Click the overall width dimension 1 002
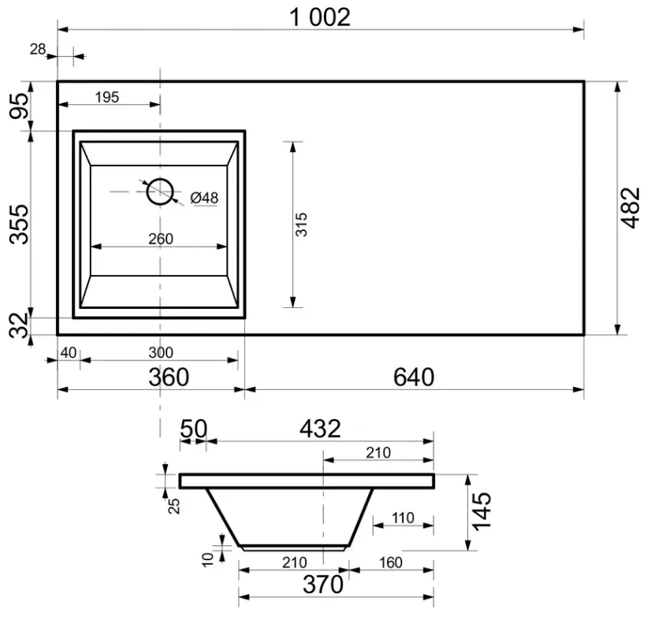point(320,17)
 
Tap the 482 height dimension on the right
point(630,208)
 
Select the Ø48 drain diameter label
point(204,198)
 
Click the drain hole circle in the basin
point(160,179)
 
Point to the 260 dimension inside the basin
point(161,239)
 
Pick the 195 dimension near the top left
point(107,97)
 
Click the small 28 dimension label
point(38,50)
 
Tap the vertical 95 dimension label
point(20,106)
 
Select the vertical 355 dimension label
point(20,225)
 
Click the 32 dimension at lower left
point(20,325)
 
